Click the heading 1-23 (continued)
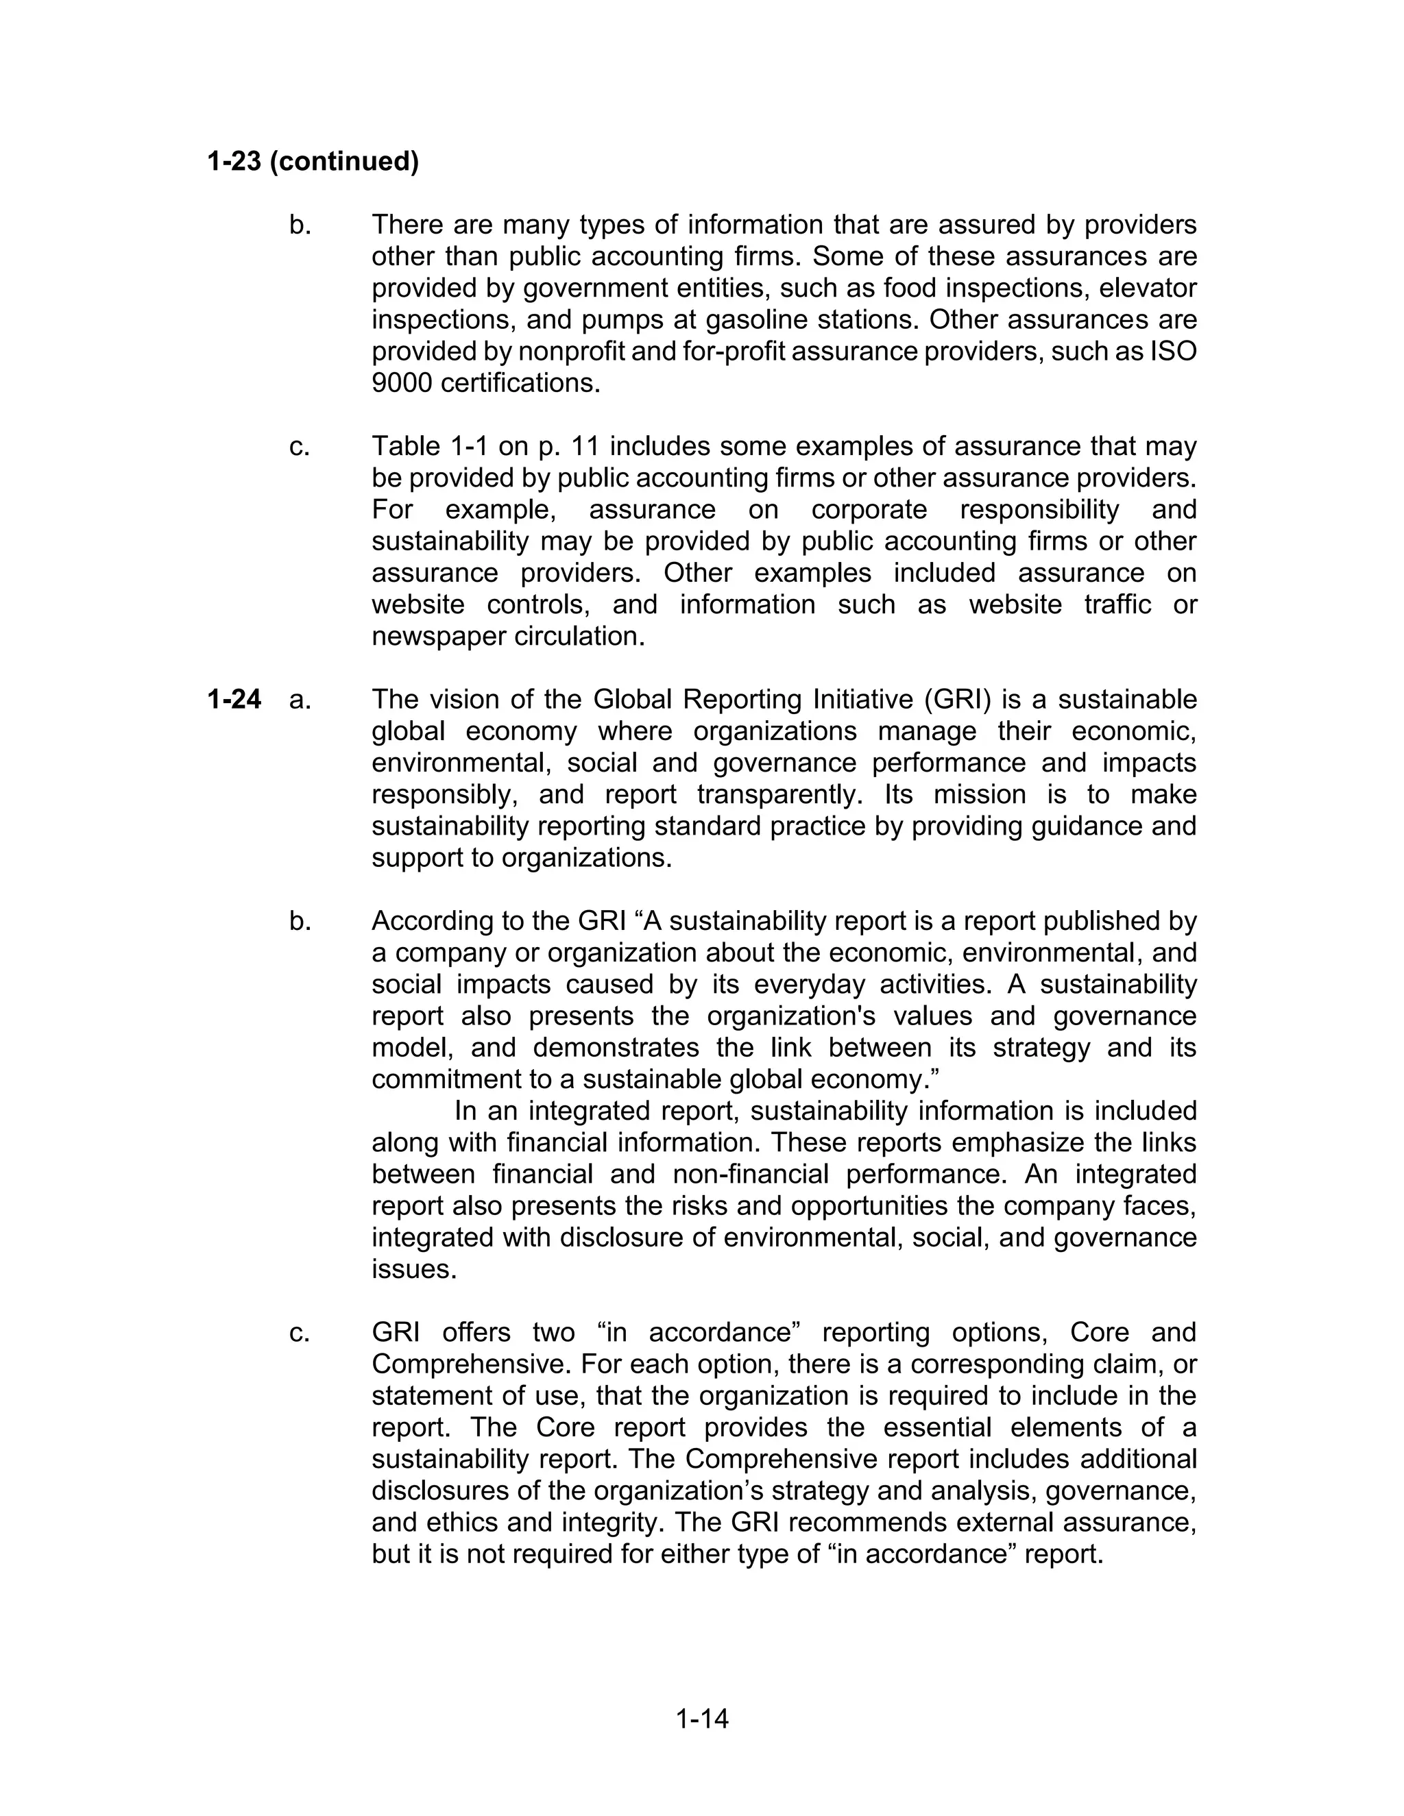313,161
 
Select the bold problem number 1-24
234,699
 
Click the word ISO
1173,352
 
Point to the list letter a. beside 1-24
300,699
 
